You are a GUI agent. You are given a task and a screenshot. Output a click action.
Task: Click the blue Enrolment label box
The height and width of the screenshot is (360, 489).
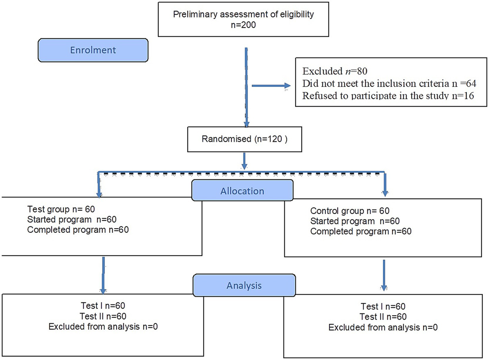tap(93, 50)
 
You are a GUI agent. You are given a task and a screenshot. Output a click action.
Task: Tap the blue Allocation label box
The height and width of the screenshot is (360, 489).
tap(242, 191)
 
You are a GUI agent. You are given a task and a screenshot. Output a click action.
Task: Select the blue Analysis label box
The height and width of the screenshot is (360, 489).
tap(244, 285)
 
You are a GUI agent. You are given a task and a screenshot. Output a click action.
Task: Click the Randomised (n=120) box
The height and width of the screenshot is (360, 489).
tap(244, 139)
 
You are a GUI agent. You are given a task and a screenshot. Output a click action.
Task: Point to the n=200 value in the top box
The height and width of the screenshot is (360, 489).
tap(243, 25)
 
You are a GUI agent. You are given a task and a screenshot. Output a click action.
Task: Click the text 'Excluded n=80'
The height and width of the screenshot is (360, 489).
tap(334, 71)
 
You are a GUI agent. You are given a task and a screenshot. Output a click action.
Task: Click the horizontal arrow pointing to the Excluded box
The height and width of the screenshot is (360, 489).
tap(271, 86)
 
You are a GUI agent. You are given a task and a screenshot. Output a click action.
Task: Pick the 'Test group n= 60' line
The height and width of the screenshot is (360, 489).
tap(61, 209)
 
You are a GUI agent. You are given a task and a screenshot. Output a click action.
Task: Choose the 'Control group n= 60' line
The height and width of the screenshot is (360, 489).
tap(349, 211)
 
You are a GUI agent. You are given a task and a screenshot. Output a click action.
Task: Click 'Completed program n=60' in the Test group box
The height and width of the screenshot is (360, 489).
tap(78, 230)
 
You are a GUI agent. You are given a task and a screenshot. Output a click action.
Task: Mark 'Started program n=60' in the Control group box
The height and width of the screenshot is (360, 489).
tap(355, 221)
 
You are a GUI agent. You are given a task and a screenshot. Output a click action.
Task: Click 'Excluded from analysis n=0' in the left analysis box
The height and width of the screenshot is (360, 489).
tap(103, 327)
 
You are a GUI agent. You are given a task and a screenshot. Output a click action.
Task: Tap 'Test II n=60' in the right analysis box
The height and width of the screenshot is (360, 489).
tap(383, 317)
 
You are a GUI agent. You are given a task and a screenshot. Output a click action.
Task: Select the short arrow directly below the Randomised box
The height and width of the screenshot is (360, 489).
tap(244, 161)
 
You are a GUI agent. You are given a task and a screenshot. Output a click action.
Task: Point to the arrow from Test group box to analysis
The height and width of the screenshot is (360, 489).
tap(103, 275)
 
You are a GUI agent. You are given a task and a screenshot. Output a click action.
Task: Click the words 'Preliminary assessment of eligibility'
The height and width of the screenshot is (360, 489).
tap(243, 14)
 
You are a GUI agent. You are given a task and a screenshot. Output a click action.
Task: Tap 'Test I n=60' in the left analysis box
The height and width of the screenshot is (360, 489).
tap(103, 306)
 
